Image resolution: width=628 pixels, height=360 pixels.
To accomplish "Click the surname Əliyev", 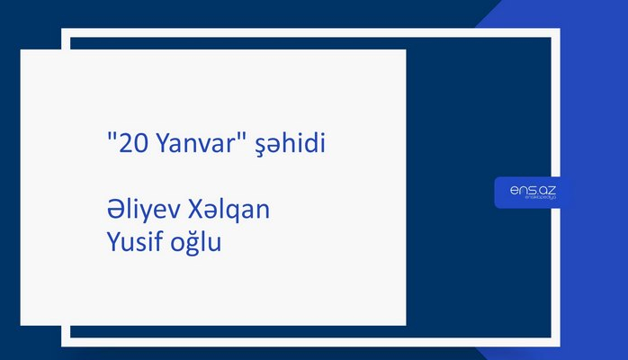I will coord(143,211).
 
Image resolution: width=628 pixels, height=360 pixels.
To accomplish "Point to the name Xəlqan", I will coord(229,212).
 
